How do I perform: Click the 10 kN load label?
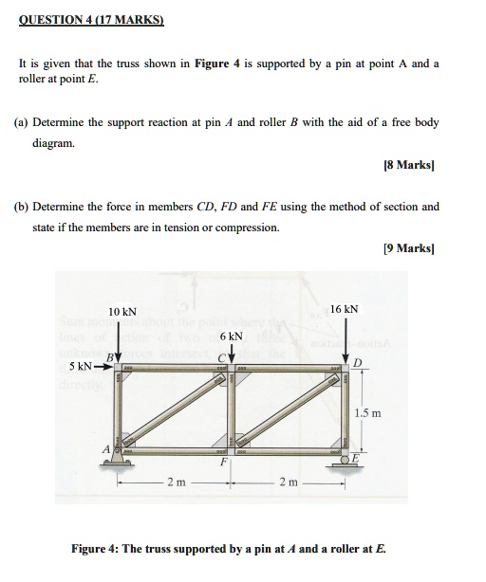(122, 312)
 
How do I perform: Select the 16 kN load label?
(345, 309)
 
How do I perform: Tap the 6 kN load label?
(231, 336)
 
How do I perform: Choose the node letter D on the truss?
(357, 364)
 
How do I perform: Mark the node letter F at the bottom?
(225, 464)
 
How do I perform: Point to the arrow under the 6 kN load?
(231, 353)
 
